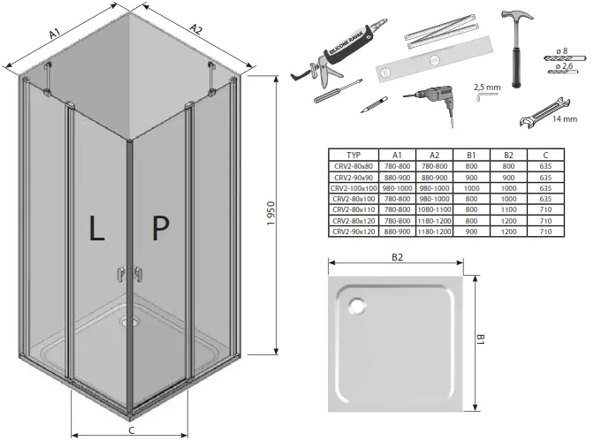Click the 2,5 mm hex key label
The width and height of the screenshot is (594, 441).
pos(486,87)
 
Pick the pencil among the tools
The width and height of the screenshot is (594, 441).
pos(373,105)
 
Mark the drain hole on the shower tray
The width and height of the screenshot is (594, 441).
pos(359,307)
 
